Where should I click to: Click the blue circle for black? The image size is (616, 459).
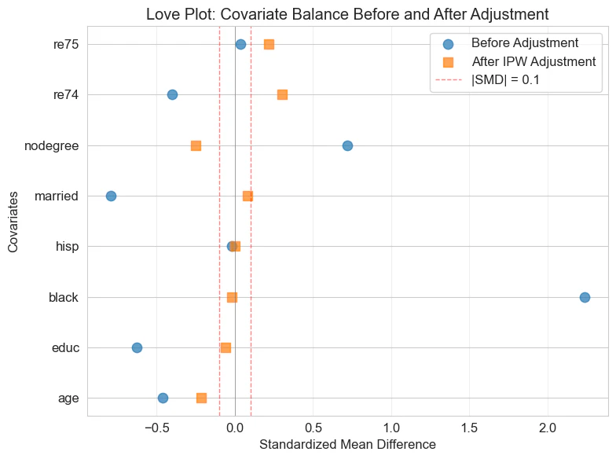click(585, 297)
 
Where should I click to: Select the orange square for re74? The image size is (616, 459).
click(282, 94)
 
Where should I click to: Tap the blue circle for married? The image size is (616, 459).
click(111, 196)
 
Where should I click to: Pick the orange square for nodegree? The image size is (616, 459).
click(196, 145)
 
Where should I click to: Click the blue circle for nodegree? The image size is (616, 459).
click(347, 145)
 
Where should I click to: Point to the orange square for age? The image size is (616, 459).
click(201, 398)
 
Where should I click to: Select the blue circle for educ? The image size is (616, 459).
click(137, 347)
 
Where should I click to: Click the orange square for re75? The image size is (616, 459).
click(269, 44)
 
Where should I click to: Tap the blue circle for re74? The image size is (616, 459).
click(172, 94)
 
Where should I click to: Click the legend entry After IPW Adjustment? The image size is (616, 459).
click(533, 61)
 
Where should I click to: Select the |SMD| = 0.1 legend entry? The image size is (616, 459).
click(510, 79)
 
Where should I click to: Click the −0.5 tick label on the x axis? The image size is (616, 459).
click(156, 428)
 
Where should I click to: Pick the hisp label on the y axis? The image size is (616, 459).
click(66, 247)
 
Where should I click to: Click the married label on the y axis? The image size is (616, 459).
click(57, 196)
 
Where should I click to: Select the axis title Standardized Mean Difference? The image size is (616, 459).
click(347, 445)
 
